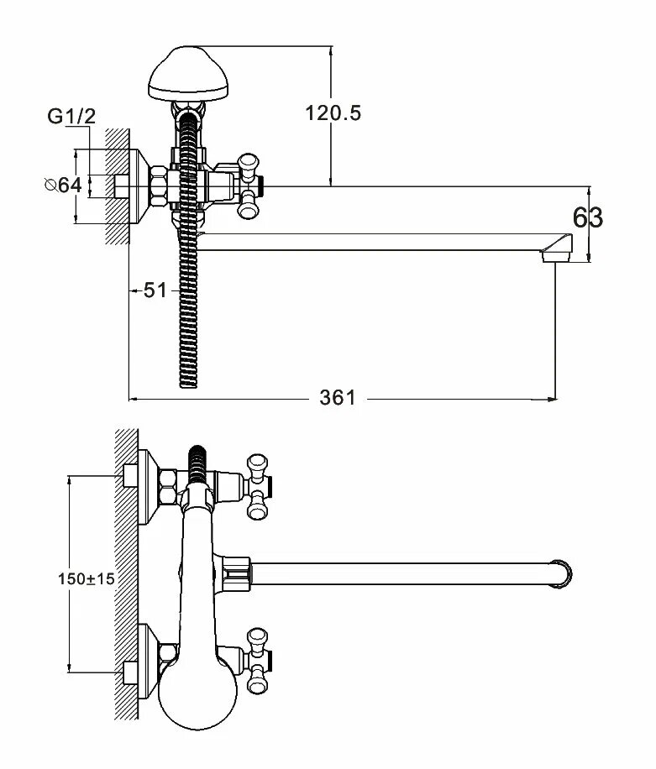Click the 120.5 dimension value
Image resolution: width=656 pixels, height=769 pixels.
[x=333, y=113]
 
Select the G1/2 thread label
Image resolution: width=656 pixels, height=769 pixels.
[x=71, y=118]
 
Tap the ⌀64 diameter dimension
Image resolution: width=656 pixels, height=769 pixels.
[x=64, y=186]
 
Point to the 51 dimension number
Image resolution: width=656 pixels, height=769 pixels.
[x=155, y=290]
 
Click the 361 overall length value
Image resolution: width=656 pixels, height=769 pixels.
[x=338, y=398]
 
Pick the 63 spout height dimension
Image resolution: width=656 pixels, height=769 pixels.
[x=588, y=218]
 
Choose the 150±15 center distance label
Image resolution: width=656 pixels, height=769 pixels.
[x=86, y=578]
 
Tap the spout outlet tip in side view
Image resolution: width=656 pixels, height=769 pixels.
[x=557, y=251]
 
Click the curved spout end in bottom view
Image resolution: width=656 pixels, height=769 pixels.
[x=564, y=573]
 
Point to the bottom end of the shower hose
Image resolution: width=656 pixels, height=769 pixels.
[x=192, y=382]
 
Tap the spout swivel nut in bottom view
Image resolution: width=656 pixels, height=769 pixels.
[x=239, y=573]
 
